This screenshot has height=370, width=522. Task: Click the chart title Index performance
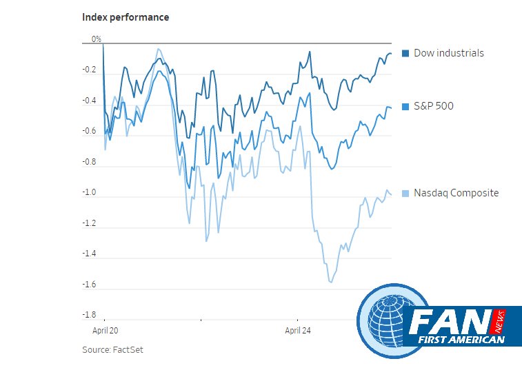126,17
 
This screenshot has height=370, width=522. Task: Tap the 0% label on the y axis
97,39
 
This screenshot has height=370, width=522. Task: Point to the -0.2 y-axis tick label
89,70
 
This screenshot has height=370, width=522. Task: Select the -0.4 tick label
89,101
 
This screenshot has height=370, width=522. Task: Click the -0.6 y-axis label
89,132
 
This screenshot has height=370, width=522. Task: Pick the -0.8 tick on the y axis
89,163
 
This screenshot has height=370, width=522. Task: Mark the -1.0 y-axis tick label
89,193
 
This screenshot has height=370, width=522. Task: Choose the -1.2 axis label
89,224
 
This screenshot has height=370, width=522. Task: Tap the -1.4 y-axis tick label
89,254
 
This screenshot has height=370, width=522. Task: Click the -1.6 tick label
89,285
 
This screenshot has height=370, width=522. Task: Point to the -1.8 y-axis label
89,316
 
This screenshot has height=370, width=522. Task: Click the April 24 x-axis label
299,330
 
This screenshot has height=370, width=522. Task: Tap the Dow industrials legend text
448,53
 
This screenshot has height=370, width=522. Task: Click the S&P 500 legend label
433,106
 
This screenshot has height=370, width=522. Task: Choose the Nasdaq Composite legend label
456,193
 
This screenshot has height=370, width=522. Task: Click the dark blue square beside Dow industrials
405,53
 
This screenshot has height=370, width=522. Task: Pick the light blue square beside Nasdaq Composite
405,194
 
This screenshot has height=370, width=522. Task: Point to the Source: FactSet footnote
112,349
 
